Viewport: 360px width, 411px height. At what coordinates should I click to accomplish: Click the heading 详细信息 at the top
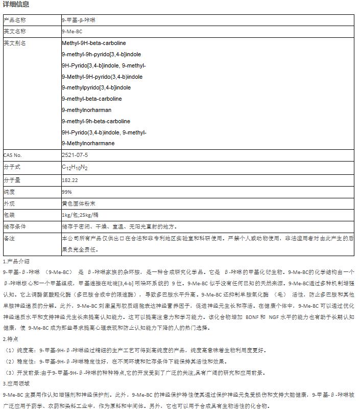(16, 5)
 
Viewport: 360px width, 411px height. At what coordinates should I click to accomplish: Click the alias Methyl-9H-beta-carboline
(94, 43)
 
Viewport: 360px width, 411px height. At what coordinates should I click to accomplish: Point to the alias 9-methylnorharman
(87, 110)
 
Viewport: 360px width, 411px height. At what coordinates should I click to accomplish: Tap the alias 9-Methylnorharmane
(88, 143)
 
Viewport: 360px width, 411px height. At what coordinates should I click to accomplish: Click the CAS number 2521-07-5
(75, 154)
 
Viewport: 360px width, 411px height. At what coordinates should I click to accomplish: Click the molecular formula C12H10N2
(75, 167)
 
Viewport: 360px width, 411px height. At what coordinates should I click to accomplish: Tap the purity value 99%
(67, 191)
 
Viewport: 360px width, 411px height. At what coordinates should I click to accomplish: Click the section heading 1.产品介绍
(16, 261)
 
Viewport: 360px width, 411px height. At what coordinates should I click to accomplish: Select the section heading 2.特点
(11, 339)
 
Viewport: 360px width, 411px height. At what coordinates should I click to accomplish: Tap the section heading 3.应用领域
(16, 383)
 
